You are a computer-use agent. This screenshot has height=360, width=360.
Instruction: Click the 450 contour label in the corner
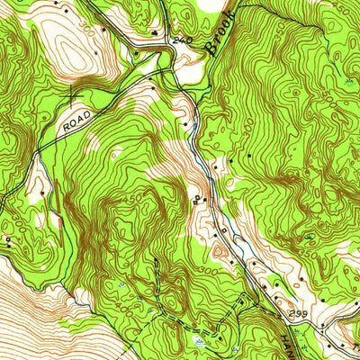346,8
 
